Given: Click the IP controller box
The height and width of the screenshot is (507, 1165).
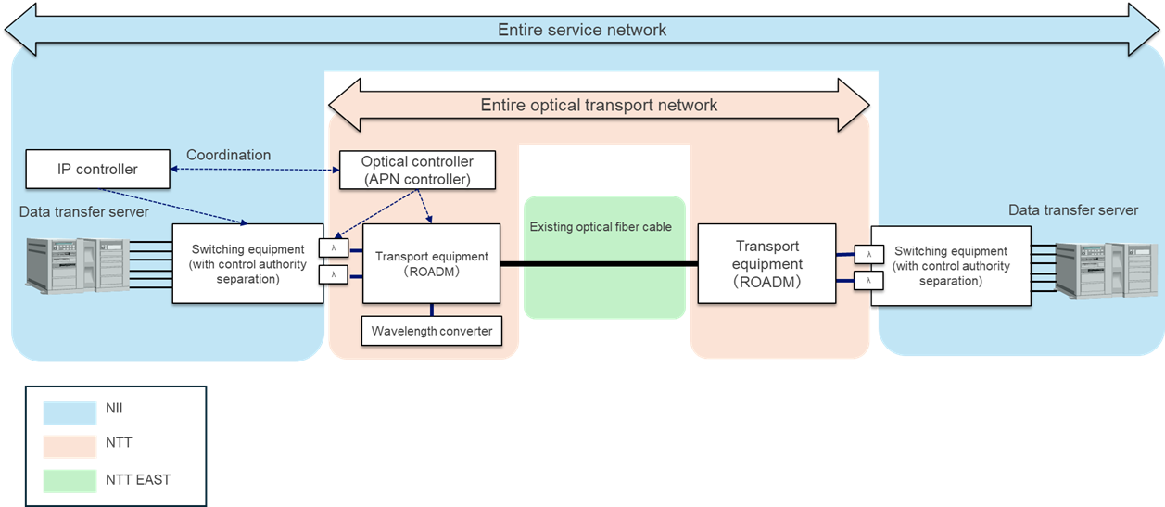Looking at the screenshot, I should click(x=97, y=169).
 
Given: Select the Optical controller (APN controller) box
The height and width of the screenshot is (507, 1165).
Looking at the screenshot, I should click(x=416, y=170).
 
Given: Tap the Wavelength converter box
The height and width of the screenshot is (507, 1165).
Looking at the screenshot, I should click(x=431, y=331).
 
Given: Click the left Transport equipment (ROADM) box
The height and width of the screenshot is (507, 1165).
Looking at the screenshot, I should click(x=431, y=263).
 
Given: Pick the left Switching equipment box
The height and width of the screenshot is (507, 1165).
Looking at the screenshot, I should click(x=247, y=263).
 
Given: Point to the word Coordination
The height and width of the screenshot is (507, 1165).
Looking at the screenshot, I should click(x=229, y=155).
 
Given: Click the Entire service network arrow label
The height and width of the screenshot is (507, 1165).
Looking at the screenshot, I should click(x=582, y=30).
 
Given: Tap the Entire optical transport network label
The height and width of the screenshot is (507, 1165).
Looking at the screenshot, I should click(x=599, y=105).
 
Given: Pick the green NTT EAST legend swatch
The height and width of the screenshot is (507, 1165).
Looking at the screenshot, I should click(x=70, y=480).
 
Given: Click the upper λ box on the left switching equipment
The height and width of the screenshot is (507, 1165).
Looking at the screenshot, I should click(x=333, y=248).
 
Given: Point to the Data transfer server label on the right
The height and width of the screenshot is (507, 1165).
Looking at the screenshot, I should click(x=1072, y=210).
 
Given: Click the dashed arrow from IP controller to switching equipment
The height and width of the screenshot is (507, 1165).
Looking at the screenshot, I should click(x=171, y=207).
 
